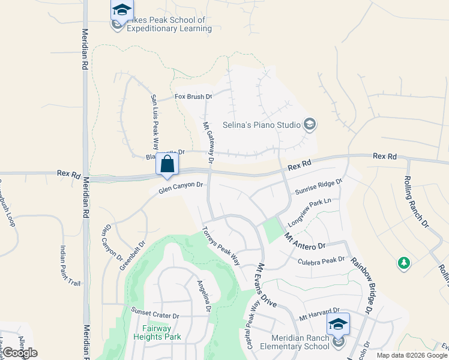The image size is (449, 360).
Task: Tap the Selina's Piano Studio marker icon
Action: pos(310,125)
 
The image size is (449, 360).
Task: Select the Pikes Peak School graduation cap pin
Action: pos(121,11)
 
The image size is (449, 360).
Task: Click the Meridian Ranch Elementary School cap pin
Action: pos(338,325)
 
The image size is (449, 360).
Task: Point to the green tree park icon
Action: pos(404,263)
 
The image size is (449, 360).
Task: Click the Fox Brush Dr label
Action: pos(193,97)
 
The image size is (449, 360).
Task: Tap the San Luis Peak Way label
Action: pos(154,122)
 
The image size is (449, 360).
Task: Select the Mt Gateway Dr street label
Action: pos(208,142)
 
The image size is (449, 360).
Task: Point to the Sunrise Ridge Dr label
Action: pos(318,182)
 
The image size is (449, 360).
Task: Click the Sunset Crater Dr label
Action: pos(155,316)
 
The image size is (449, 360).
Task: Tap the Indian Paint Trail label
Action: pos(70,266)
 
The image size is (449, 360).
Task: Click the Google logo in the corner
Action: pos(20,353)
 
